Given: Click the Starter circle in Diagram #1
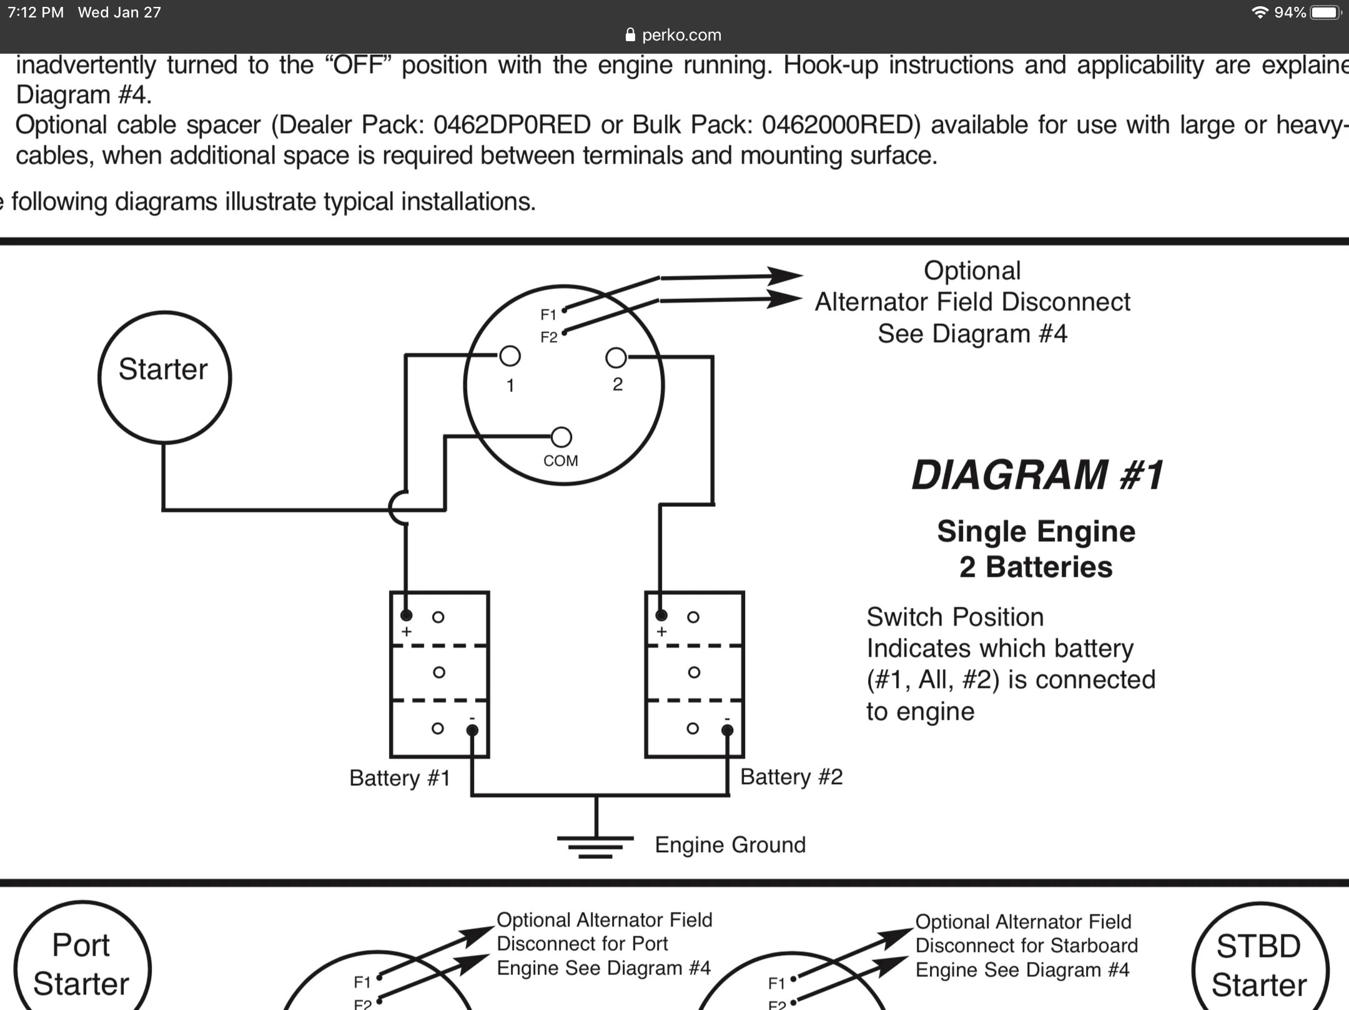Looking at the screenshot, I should [x=164, y=377].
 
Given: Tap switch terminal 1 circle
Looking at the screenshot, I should [x=510, y=356].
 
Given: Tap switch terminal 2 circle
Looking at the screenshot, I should [x=616, y=358].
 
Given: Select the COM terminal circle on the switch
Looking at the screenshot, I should [x=561, y=437].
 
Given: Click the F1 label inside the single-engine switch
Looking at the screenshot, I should [x=548, y=315].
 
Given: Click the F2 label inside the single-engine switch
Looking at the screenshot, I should [x=548, y=338].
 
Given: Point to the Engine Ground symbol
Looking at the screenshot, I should [x=595, y=845].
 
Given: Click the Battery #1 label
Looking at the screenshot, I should [x=400, y=778].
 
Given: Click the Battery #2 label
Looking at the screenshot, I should [x=791, y=777].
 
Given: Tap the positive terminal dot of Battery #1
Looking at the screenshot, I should [x=406, y=615].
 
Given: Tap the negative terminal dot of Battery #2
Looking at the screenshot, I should [x=727, y=730].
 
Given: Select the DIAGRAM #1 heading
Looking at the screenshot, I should [x=1037, y=475].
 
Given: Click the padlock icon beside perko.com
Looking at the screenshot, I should [x=630, y=35].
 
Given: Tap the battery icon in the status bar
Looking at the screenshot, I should [x=1325, y=12].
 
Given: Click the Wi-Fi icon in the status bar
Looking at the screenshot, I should [x=1260, y=12].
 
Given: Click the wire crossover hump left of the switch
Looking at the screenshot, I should [x=397, y=509].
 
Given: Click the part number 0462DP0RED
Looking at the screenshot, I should [x=512, y=125].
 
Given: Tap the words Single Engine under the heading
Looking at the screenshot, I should [x=1036, y=531].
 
